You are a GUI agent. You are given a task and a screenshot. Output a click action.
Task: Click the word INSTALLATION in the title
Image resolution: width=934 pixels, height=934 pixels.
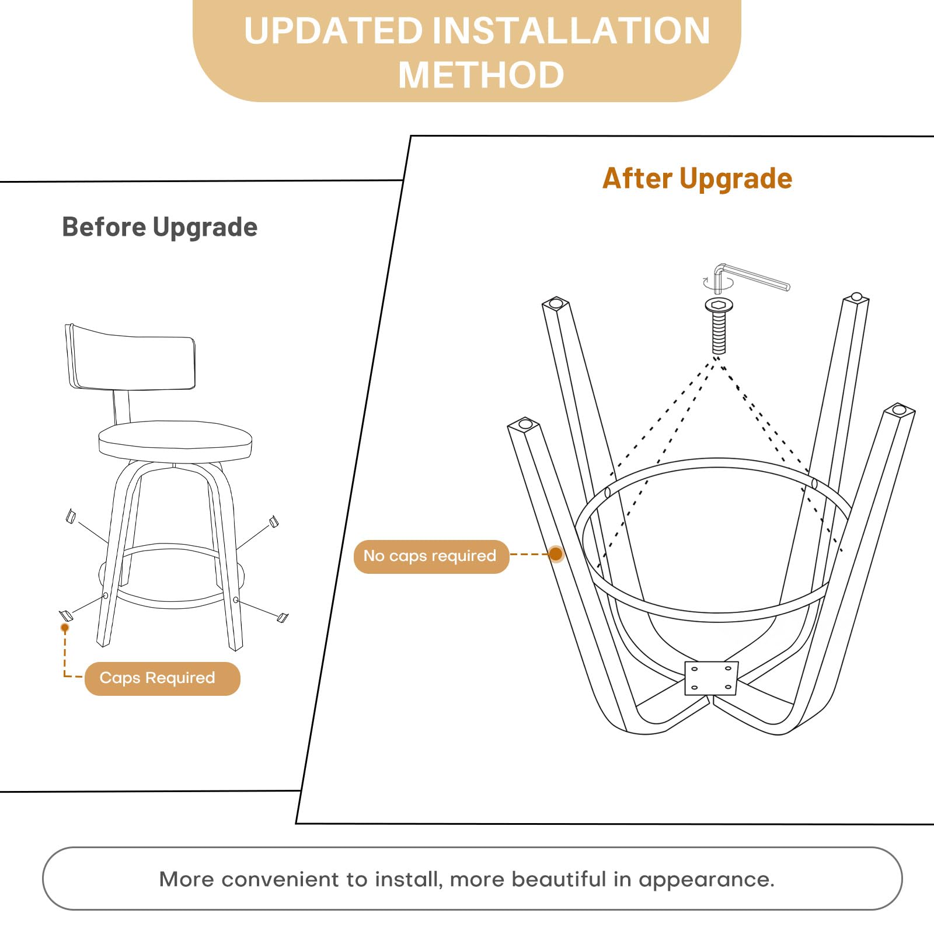571,30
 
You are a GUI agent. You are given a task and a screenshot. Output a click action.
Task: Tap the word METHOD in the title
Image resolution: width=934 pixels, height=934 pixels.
481,75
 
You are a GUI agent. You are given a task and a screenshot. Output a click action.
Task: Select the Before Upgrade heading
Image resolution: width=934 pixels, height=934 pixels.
159,227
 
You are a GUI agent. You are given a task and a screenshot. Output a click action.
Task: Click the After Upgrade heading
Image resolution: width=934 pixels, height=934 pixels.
698,179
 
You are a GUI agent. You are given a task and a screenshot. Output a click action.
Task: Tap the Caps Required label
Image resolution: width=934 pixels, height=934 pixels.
162,678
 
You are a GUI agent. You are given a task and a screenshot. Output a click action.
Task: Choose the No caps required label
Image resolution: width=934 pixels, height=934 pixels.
431,556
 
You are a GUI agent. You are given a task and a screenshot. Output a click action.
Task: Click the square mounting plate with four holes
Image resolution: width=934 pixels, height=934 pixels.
711,678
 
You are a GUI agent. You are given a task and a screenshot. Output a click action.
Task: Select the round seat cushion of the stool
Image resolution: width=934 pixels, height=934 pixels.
175,441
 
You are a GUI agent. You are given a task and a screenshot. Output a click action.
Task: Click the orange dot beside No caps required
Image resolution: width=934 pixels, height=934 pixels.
556,554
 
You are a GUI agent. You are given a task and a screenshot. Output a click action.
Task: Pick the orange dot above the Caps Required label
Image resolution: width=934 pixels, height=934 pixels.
65,628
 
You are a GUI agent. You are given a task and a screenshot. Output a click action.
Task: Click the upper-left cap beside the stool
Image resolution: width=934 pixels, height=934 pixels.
71,516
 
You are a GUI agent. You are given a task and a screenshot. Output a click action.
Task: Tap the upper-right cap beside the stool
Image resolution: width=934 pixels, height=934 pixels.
273,521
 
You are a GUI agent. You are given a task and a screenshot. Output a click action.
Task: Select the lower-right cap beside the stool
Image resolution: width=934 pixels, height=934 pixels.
283,617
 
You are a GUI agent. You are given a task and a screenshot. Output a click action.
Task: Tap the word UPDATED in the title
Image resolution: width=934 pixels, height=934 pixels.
333,30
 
